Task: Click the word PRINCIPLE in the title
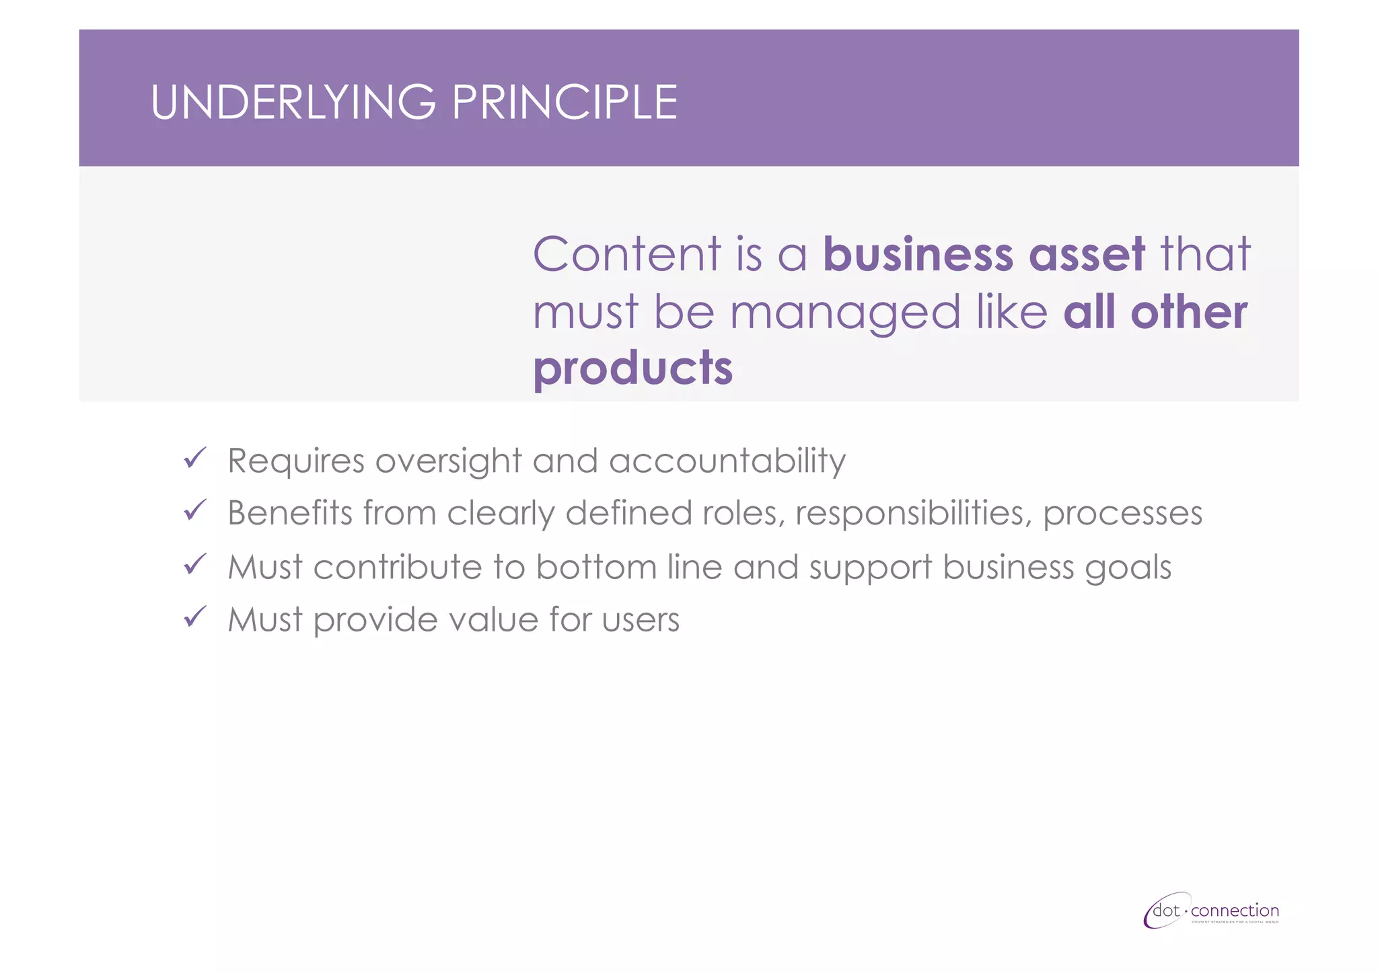565,103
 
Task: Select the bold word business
918,254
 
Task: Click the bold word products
632,368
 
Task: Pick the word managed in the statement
845,313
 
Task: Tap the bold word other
1189,313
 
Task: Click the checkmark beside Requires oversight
194,459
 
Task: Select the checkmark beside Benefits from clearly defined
194,511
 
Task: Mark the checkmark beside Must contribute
194,565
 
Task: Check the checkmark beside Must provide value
194,617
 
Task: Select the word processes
1122,514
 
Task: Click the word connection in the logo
1235,911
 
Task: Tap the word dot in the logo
1166,911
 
